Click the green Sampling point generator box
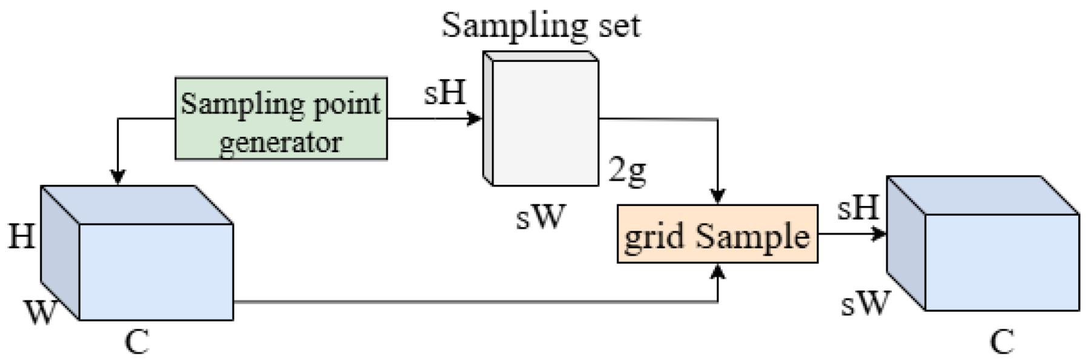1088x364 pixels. coord(281,119)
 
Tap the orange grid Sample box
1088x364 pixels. coord(717,234)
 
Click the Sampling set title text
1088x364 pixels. coord(540,25)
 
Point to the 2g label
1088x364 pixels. coord(628,171)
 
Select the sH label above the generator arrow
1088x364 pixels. coord(445,93)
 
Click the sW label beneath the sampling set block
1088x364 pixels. coord(540,216)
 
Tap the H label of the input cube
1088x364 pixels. coord(21,236)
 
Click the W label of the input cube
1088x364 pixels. coord(41,312)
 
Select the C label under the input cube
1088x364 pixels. coord(137,342)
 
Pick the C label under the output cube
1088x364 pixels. coord(1002,342)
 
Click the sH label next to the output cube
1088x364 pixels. coord(858,208)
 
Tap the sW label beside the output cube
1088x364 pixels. coord(865,302)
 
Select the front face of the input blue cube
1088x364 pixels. coord(156,272)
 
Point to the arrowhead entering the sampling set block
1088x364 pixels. coord(476,119)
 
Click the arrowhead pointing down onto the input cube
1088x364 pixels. coord(118,177)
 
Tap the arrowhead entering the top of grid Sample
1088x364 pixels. coord(718,197)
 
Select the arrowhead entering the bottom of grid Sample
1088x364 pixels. coord(718,271)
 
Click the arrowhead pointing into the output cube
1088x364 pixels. coord(880,234)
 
